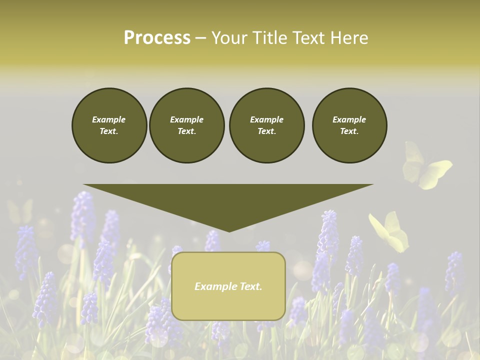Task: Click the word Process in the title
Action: [157, 38]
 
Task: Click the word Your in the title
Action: [230, 38]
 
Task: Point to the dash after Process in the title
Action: [200, 38]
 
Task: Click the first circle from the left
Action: [109, 125]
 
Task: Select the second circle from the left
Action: [187, 125]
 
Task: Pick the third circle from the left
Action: [266, 125]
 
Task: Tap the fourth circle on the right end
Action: [349, 125]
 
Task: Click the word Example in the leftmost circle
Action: [109, 119]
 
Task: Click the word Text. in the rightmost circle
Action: [349, 131]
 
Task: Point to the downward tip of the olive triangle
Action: [229, 231]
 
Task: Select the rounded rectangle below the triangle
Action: [228, 286]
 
